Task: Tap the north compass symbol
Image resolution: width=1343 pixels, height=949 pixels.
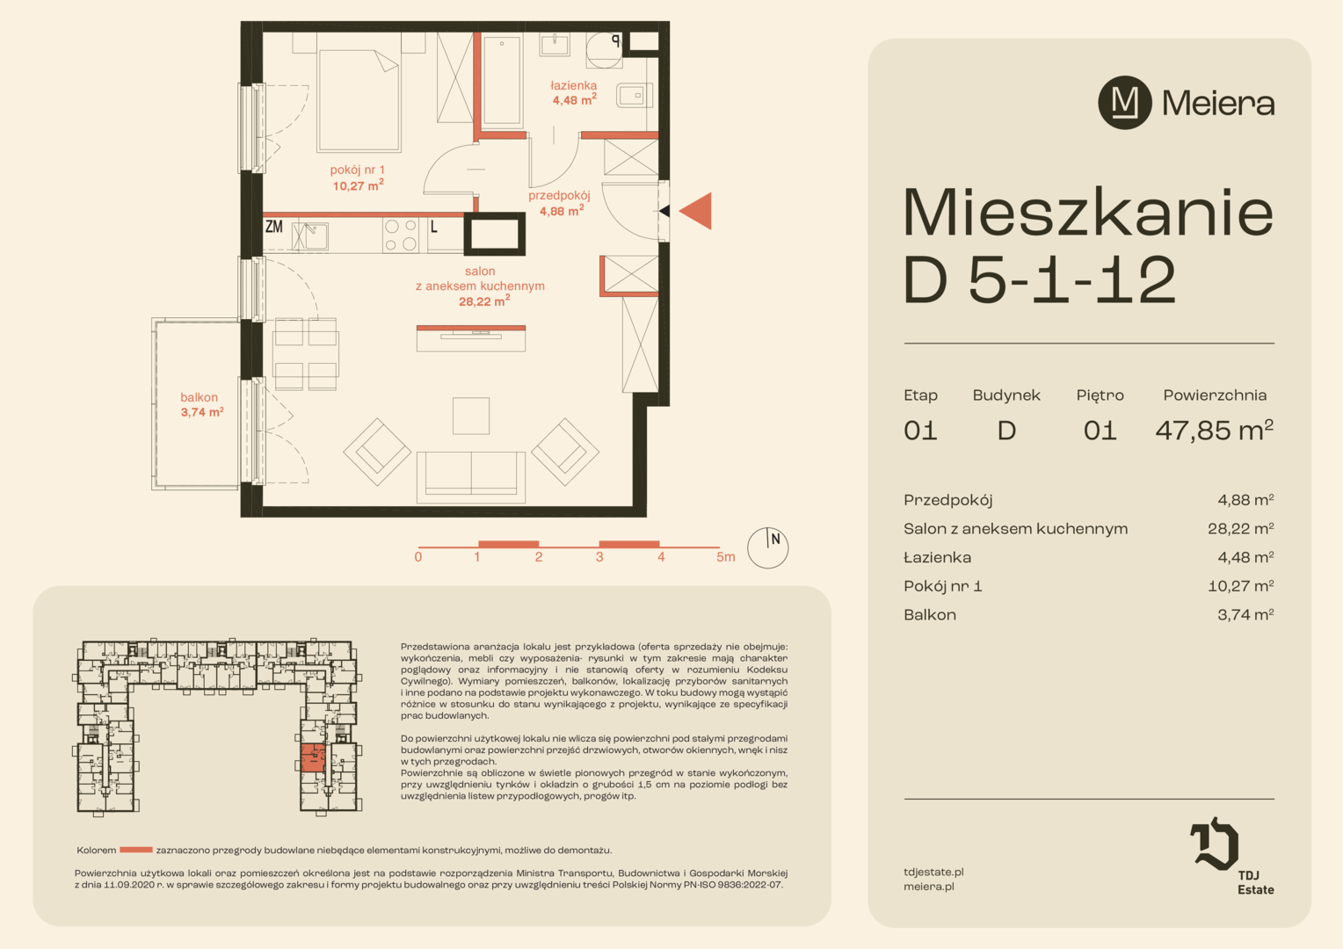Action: pos(767,548)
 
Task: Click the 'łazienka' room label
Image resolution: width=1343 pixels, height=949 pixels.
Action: pos(574,85)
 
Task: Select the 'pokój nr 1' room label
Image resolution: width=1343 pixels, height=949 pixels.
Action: pos(358,170)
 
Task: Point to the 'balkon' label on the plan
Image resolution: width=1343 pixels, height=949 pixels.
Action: pos(199,397)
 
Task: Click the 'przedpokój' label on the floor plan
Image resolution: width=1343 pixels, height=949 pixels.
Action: pos(559,195)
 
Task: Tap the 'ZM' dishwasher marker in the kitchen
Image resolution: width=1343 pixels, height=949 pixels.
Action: pos(274,227)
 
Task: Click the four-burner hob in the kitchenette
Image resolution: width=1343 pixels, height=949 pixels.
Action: pos(401,235)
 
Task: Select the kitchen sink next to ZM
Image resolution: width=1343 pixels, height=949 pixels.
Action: pos(310,236)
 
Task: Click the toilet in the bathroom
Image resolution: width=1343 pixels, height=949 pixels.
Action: pos(634,95)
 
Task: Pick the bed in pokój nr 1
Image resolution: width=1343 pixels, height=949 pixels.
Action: pos(359,99)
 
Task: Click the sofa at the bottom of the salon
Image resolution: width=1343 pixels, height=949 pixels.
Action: pos(471,477)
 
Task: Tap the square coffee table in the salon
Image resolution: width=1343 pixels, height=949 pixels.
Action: pos(471,416)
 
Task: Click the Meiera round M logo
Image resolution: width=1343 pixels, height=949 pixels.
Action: pos(1125,103)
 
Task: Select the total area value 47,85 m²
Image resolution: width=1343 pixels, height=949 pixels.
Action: pos(1214,431)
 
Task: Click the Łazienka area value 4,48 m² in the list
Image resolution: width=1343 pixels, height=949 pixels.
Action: pos(1245,557)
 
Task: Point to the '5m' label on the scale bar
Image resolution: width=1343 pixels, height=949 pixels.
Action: pos(725,557)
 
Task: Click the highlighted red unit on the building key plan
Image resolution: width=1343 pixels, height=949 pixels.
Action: pos(312,758)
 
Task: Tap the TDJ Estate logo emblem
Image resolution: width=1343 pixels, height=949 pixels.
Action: pos(1214,843)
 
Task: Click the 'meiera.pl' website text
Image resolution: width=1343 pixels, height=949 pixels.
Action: pos(929,887)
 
